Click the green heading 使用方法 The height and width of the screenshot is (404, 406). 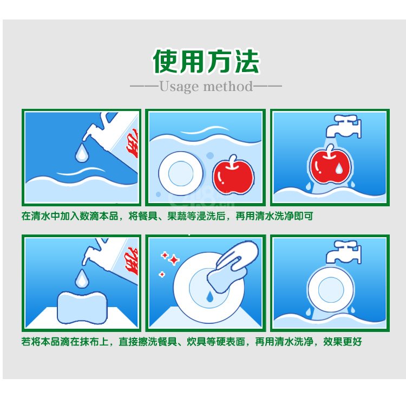tap(206, 61)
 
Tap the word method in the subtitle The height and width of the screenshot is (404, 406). tap(227, 86)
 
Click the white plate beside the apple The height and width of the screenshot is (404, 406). tap(181, 173)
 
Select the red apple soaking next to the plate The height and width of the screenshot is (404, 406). tap(233, 175)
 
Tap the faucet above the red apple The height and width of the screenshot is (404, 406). tap(343, 126)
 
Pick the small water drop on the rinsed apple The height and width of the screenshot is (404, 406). tap(339, 168)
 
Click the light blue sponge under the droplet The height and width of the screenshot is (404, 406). tap(82, 308)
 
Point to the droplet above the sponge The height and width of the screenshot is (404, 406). tap(82, 278)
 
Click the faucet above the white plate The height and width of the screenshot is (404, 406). tap(343, 252)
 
